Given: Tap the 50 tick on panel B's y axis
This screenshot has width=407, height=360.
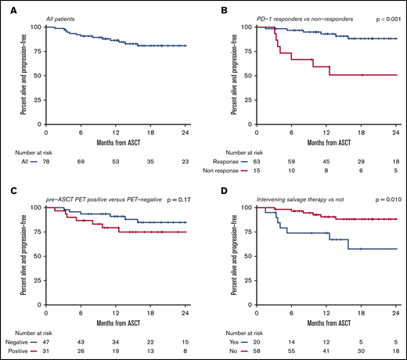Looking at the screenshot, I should tap(250, 74).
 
